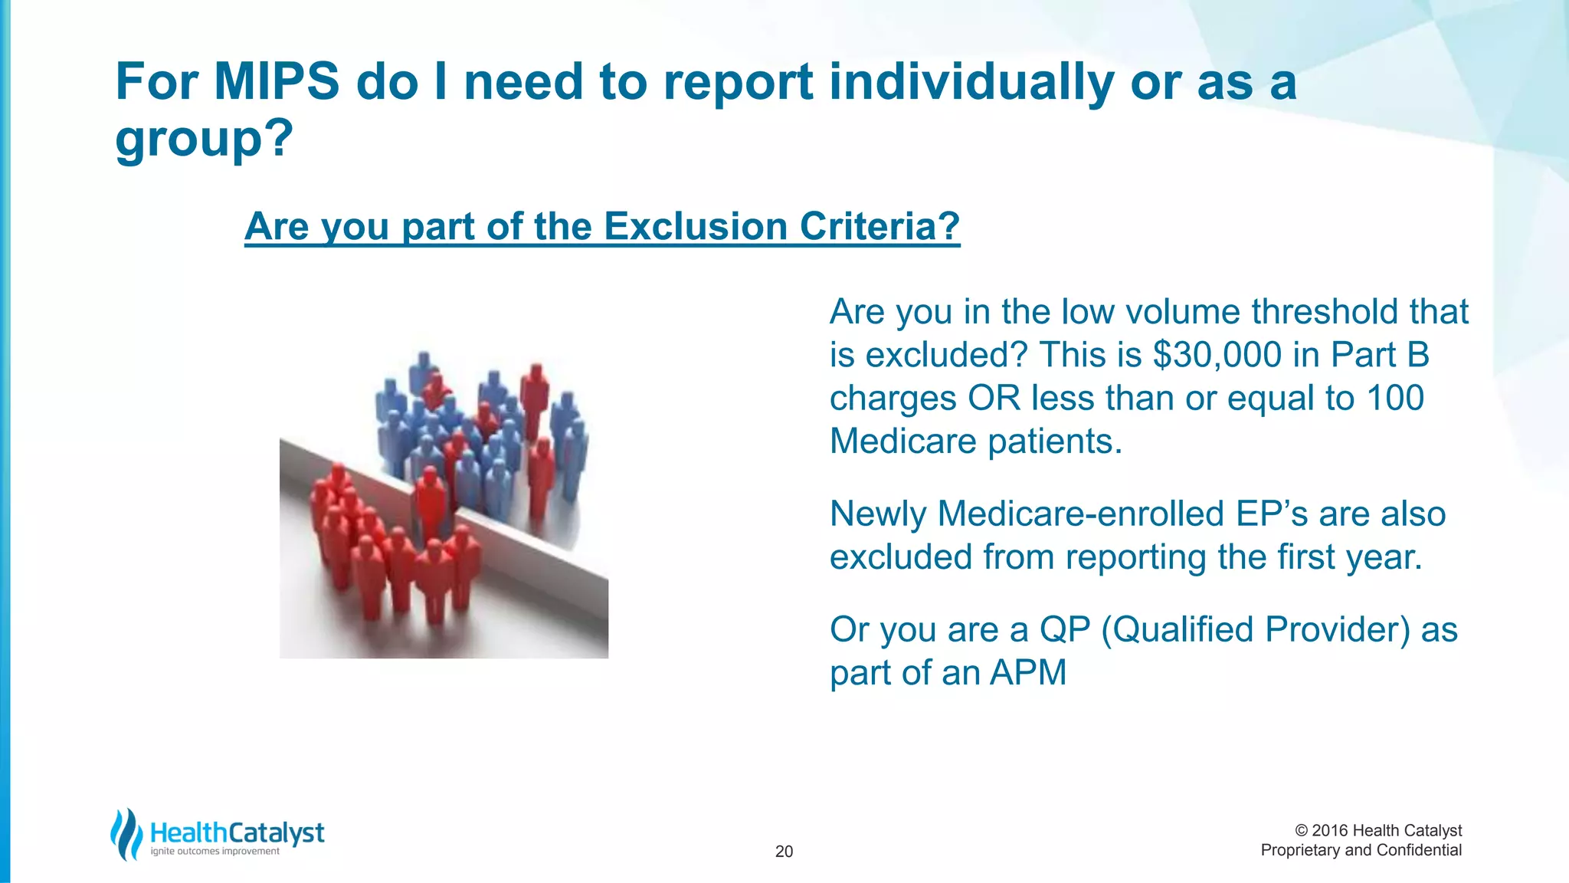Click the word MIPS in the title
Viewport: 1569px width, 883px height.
pos(276,81)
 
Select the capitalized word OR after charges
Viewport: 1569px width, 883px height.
pos(994,398)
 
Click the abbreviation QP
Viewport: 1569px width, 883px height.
pos(1064,629)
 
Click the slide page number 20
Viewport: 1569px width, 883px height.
pos(784,852)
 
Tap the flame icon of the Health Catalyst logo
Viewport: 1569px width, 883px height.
pos(126,835)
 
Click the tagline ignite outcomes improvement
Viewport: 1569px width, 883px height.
pos(215,852)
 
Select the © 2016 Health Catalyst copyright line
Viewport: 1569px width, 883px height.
pos(1377,831)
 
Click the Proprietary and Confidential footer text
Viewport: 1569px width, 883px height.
pos(1361,850)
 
